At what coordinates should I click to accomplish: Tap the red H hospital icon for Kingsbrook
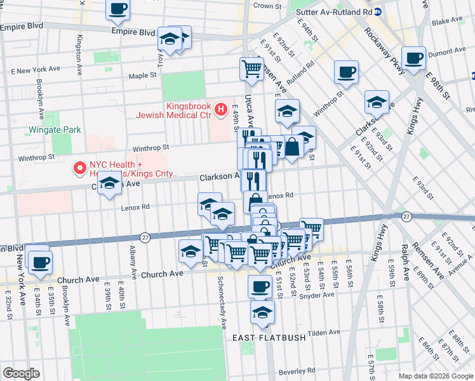point(220,110)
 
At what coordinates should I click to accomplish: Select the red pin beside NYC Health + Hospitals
point(80,168)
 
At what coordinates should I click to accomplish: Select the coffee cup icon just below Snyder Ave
point(259,286)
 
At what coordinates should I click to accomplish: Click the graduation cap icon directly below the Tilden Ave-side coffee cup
point(262,312)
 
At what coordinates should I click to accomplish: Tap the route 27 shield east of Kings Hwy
point(407,217)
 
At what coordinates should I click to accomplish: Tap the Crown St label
point(267,6)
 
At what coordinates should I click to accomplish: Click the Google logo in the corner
point(21,373)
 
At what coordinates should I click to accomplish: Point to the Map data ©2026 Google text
point(436,376)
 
